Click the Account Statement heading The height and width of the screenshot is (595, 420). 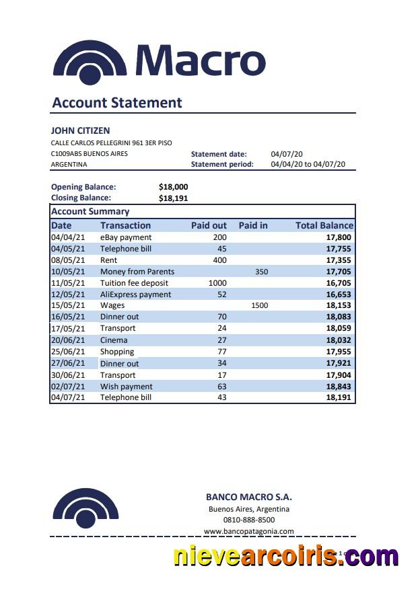click(117, 103)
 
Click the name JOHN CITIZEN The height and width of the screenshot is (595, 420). click(80, 130)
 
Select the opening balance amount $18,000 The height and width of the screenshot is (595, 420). click(173, 187)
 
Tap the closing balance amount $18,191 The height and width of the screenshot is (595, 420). click(173, 198)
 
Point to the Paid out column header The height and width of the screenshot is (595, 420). click(209, 225)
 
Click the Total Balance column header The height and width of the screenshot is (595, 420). click(324, 225)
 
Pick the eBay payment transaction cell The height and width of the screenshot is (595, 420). click(126, 237)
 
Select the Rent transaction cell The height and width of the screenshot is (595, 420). click(108, 260)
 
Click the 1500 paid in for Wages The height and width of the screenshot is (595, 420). click(259, 305)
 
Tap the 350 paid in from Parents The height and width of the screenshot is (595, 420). click(261, 272)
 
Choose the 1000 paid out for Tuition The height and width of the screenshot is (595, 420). click(217, 283)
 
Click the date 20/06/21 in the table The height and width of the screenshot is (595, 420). click(68, 340)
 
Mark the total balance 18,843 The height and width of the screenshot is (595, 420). click(339, 387)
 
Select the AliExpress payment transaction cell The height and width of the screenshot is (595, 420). click(135, 294)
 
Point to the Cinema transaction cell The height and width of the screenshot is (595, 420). click(114, 340)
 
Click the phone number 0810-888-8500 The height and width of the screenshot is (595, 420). click(248, 520)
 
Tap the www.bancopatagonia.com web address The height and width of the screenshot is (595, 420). click(248, 531)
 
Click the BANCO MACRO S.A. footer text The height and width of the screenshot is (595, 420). click(248, 498)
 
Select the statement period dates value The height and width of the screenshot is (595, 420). click(308, 164)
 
